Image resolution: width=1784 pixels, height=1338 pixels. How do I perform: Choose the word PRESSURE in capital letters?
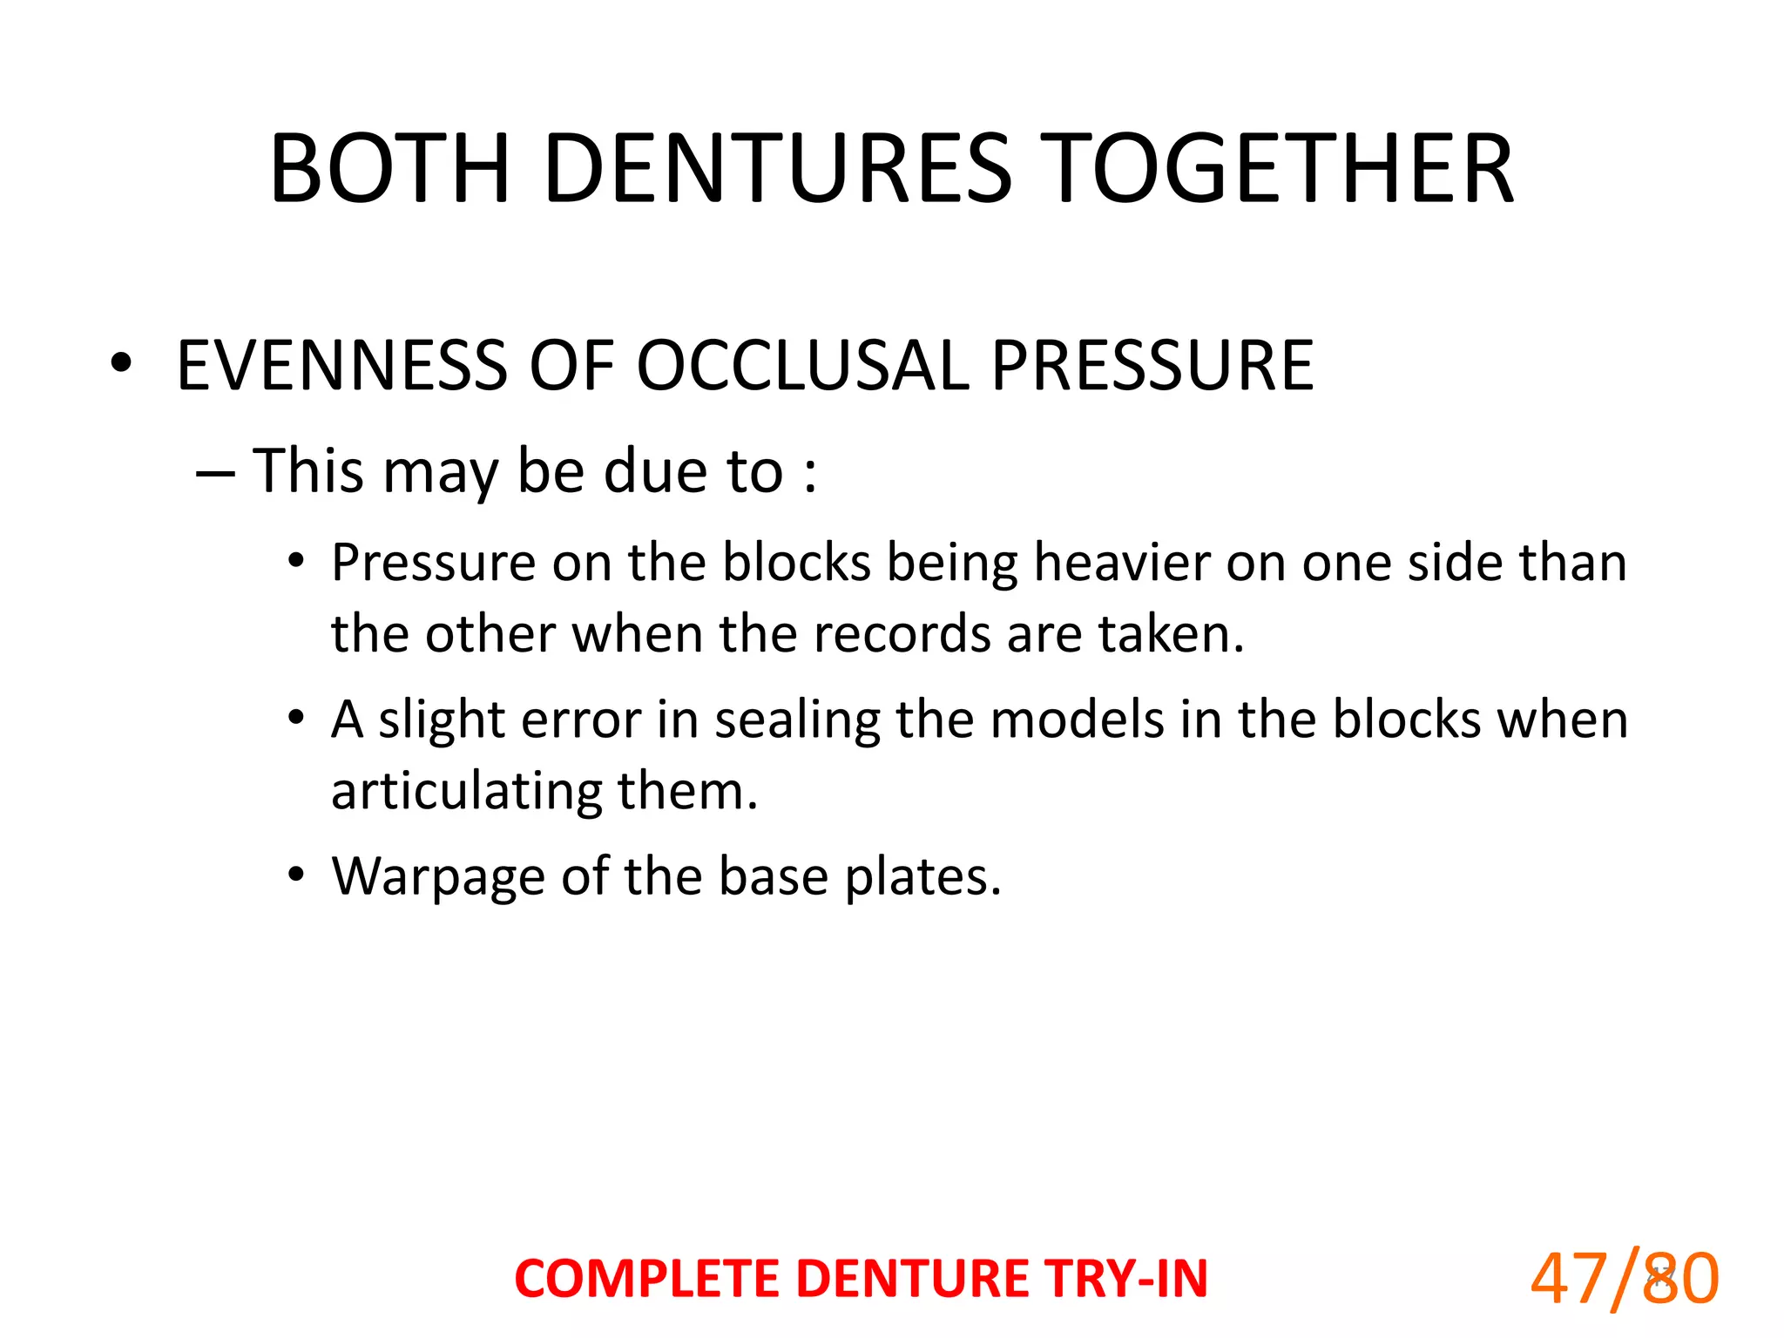pos(1152,365)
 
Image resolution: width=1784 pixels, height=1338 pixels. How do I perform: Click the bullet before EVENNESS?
pos(121,363)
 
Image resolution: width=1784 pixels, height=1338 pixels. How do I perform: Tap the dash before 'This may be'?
pos(215,473)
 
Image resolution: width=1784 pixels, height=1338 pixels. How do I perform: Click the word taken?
pos(1171,633)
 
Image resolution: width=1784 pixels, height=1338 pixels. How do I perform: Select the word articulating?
pos(465,792)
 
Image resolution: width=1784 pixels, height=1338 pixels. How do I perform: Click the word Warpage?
pos(438,877)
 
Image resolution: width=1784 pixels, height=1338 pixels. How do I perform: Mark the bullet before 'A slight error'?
pos(297,719)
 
